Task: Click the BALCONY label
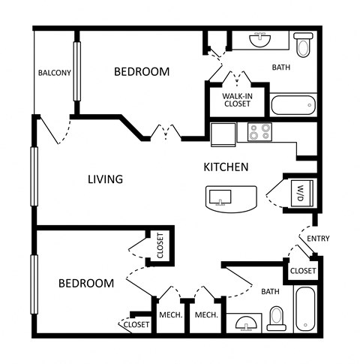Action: click(x=54, y=73)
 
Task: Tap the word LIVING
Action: click(x=105, y=179)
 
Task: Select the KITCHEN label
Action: click(x=226, y=167)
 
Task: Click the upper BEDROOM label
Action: click(x=142, y=72)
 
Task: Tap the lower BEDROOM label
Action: click(x=86, y=283)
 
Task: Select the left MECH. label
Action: click(x=171, y=315)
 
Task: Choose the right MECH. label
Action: click(x=206, y=315)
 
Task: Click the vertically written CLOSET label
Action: click(x=160, y=245)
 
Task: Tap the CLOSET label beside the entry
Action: click(x=302, y=269)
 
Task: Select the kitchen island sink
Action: click(x=220, y=198)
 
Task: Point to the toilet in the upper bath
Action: click(x=303, y=46)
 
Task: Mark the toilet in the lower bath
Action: click(x=276, y=317)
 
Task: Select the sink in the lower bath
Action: click(x=245, y=323)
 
